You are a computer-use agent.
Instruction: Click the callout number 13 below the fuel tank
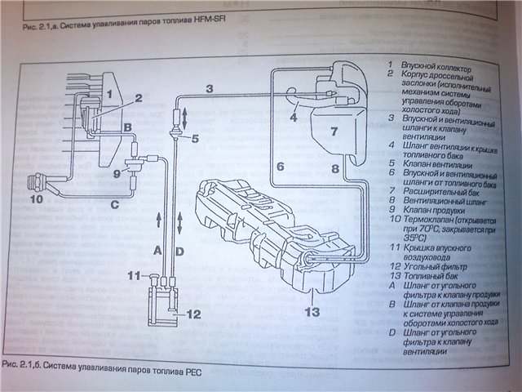point(311,311)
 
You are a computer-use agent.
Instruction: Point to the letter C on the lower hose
point(113,206)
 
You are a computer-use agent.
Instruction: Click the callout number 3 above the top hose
point(209,88)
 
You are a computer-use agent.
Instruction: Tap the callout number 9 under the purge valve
point(117,173)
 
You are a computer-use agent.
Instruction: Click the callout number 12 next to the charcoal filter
point(193,313)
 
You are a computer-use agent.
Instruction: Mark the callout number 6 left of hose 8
point(279,167)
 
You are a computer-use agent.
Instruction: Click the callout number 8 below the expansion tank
point(334,168)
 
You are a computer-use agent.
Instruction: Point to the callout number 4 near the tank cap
point(293,117)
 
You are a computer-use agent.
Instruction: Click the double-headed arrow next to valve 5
point(184,116)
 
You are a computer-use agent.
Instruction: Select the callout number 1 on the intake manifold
point(108,96)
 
